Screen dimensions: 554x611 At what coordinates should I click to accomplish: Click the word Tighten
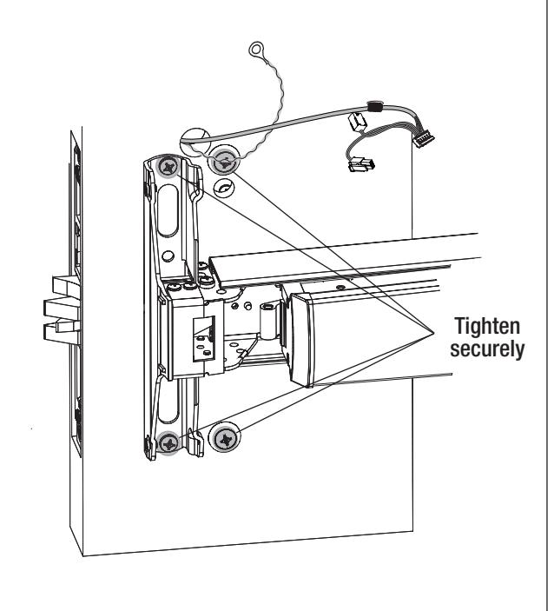487,326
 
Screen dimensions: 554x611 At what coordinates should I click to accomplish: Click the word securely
487,349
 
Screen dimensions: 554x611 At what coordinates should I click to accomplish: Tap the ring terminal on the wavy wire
255,49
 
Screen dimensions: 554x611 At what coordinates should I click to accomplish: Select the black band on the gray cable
375,106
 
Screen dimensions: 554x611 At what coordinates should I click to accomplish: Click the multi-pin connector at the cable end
424,139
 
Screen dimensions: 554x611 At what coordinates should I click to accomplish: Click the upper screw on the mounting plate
169,168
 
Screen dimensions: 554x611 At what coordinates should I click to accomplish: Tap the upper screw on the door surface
223,161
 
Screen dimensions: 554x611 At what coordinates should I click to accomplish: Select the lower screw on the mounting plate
169,442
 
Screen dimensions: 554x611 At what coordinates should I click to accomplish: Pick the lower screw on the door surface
225,439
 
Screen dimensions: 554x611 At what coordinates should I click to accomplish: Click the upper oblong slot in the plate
168,211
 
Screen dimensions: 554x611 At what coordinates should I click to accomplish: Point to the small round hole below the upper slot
168,256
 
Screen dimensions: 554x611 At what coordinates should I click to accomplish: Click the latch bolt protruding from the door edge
63,309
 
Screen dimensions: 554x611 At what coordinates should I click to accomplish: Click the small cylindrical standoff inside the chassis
267,321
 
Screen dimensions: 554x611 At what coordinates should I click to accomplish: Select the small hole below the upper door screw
225,188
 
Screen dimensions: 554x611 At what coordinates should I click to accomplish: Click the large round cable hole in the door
195,141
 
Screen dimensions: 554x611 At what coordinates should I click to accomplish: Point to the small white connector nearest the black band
358,122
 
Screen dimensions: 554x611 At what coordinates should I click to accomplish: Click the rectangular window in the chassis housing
204,338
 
